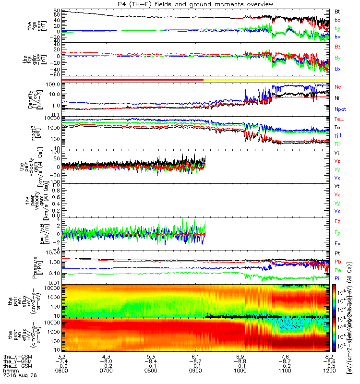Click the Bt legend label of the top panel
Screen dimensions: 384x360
(x=337, y=11)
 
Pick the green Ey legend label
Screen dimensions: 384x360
(x=337, y=233)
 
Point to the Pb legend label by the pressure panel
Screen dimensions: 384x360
(x=338, y=262)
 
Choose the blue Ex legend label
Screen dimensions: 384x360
(x=337, y=244)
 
